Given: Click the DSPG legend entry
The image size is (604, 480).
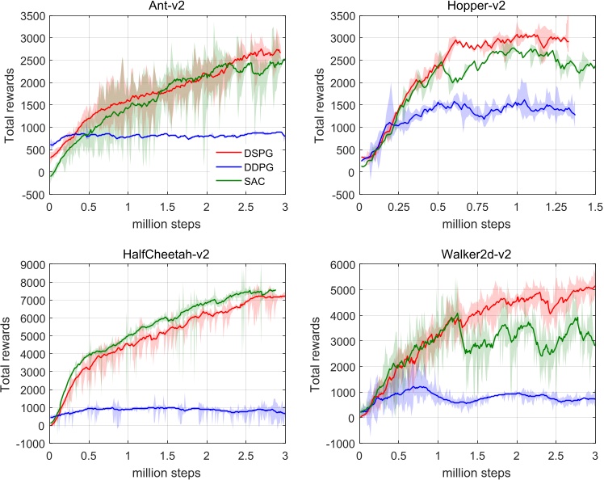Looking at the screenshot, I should [x=253, y=150].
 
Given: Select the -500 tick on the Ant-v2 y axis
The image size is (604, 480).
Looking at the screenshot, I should [x=33, y=195].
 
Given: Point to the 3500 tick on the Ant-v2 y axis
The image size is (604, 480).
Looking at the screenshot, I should [x=33, y=16].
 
